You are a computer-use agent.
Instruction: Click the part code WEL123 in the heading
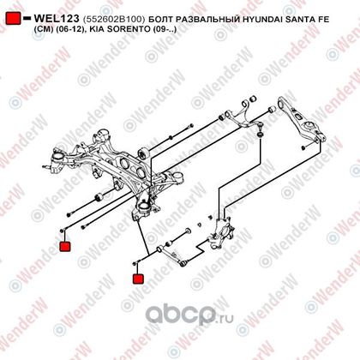click(x=57, y=19)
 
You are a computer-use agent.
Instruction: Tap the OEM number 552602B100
click(x=114, y=20)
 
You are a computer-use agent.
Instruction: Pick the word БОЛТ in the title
click(x=160, y=20)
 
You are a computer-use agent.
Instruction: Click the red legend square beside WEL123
click(x=13, y=18)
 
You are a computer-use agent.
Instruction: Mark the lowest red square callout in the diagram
click(x=138, y=279)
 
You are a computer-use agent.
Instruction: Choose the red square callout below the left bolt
click(x=65, y=247)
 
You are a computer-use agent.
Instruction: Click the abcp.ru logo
click(x=189, y=315)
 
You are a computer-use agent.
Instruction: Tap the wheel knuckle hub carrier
click(x=222, y=233)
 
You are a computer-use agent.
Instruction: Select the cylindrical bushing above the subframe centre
click(x=143, y=153)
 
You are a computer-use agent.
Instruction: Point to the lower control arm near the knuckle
click(x=172, y=255)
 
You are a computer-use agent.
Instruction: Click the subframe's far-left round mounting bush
click(x=57, y=159)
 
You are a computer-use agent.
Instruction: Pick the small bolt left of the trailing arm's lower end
click(x=303, y=147)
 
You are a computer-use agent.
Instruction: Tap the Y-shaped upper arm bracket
click(x=241, y=115)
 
